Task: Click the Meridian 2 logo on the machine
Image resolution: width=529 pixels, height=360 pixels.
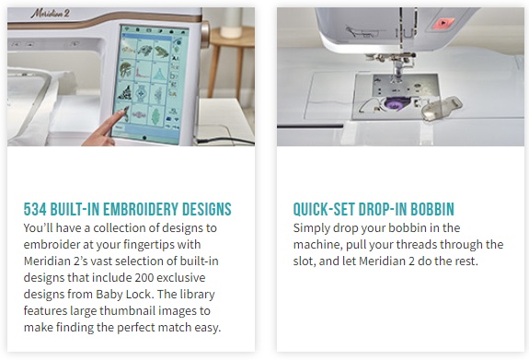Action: click(x=51, y=14)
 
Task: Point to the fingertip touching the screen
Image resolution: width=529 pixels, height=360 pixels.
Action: click(x=125, y=110)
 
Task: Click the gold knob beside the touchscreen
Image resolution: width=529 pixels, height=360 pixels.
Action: click(x=205, y=34)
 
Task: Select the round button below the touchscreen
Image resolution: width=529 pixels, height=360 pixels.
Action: click(x=144, y=138)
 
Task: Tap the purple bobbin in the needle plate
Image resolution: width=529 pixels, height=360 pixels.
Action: click(x=395, y=103)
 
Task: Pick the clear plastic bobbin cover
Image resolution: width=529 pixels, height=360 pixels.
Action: click(x=442, y=108)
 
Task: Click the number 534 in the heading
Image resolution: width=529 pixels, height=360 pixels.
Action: click(x=35, y=209)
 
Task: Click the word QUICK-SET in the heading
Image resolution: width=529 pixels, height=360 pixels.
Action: click(x=324, y=209)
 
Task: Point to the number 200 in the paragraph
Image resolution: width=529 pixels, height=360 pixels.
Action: click(x=144, y=278)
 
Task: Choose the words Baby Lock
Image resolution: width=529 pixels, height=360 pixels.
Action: click(x=123, y=294)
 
